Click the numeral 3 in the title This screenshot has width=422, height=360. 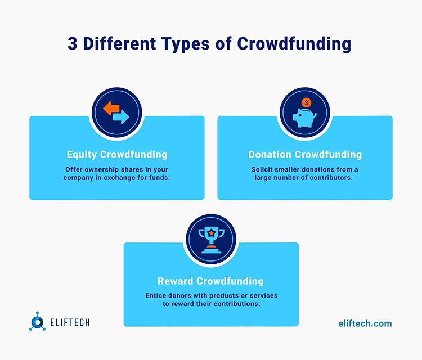(x=73, y=43)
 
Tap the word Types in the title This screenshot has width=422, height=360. (x=185, y=44)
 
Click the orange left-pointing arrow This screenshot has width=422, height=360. (x=111, y=108)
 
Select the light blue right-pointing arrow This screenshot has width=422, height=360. (x=121, y=117)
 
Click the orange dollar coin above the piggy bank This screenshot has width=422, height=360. (x=306, y=102)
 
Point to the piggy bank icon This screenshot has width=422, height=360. (x=304, y=118)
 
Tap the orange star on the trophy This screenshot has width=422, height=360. (x=211, y=232)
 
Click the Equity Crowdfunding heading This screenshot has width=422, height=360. (x=117, y=155)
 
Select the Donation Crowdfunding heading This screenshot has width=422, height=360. (x=305, y=155)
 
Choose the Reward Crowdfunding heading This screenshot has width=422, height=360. (x=211, y=281)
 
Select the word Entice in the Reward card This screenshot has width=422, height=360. (x=155, y=295)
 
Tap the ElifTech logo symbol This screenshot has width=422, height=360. (x=37, y=321)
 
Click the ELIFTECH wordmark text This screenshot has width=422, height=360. (x=70, y=322)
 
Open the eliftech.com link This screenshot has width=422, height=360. (x=365, y=323)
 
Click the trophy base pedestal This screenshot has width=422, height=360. (x=211, y=251)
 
